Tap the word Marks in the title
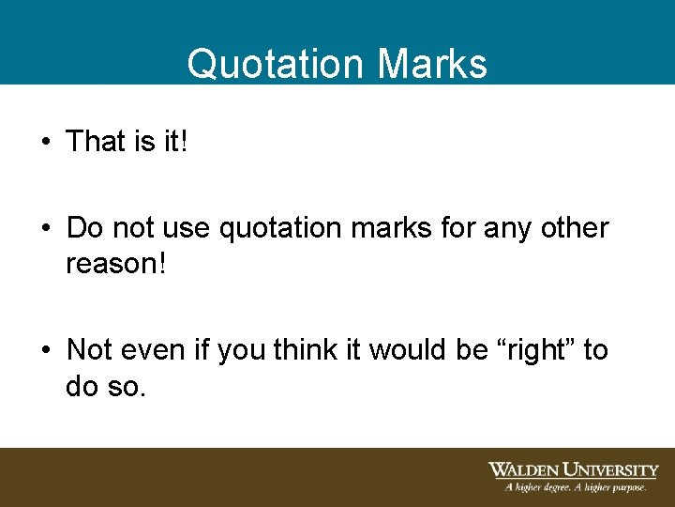pyautogui.click(x=432, y=64)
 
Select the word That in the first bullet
pyautogui.click(x=96, y=142)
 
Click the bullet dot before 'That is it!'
pyautogui.click(x=45, y=143)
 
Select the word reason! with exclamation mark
pyautogui.click(x=116, y=264)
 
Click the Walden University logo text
pyautogui.click(x=573, y=469)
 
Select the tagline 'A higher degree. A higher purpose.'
pyautogui.click(x=575, y=487)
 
